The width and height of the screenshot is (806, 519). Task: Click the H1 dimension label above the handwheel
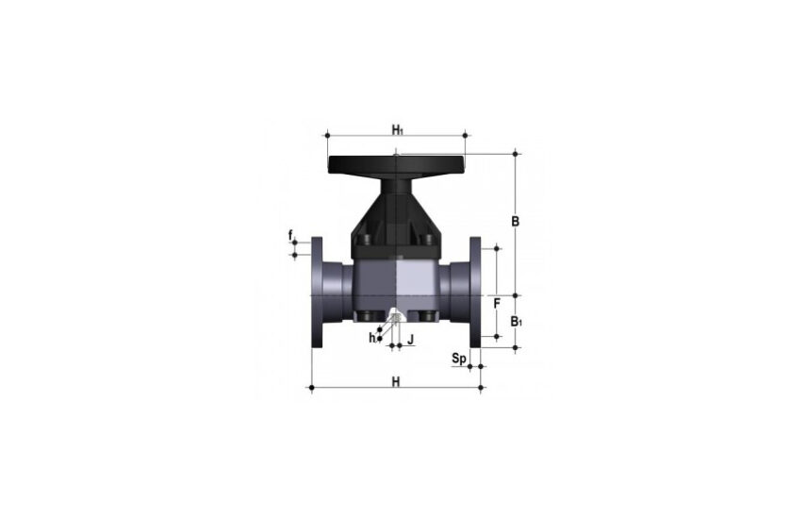(398, 129)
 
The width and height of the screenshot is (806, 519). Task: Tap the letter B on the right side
(515, 222)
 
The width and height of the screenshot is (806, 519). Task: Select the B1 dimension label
(516, 322)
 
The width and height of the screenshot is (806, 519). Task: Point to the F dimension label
(497, 304)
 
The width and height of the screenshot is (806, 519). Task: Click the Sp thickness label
(459, 358)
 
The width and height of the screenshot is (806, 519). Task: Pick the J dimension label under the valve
(410, 340)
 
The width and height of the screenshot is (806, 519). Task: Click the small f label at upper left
(291, 236)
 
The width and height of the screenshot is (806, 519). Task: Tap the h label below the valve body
(372, 338)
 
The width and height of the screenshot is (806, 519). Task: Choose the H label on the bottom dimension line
(396, 381)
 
